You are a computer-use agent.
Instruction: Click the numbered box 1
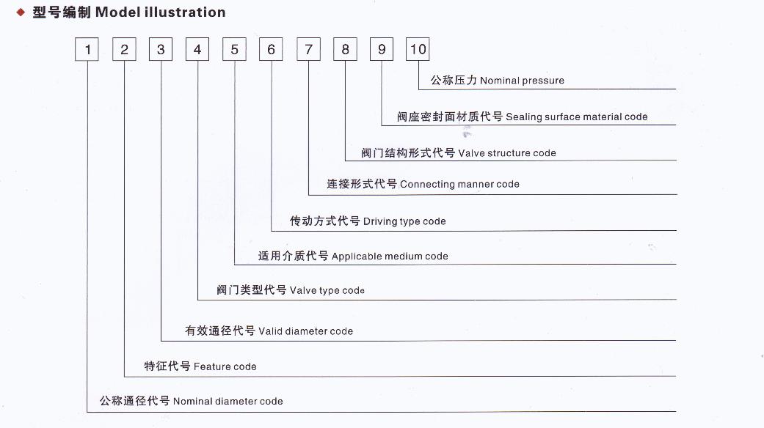click(x=87, y=50)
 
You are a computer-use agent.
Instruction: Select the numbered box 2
click(x=124, y=50)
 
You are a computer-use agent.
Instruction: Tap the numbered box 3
click(x=161, y=50)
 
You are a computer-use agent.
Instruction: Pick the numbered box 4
click(x=197, y=50)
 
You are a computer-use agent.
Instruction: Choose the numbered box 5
click(x=234, y=50)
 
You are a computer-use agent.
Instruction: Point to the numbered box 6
click(x=272, y=50)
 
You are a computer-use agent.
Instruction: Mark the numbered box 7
click(x=308, y=50)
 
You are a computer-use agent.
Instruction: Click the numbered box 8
click(x=345, y=50)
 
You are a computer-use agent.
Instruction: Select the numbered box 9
click(x=382, y=50)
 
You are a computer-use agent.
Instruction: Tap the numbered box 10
click(x=418, y=50)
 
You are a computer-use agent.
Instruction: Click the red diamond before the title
click(x=21, y=12)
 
